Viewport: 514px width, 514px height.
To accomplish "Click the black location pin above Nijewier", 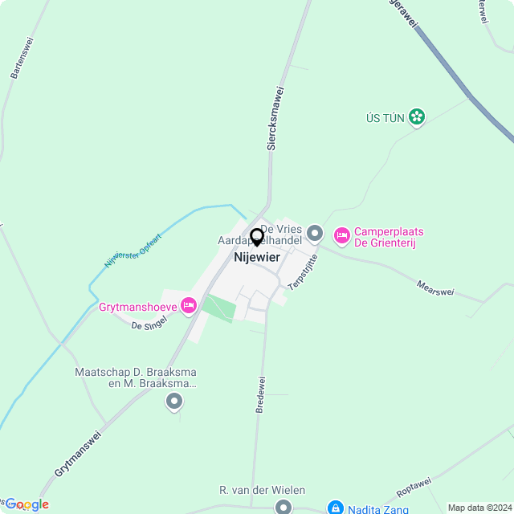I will point(256,237).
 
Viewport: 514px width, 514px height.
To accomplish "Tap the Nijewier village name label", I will point(256,258).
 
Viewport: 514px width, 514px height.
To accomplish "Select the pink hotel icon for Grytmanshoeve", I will point(189,304).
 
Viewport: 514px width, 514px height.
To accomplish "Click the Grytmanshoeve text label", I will point(137,307).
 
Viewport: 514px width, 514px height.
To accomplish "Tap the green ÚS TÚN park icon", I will point(416,118).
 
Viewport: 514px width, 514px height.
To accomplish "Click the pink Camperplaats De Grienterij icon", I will point(341,235).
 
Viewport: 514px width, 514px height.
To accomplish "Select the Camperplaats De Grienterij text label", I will point(389,238).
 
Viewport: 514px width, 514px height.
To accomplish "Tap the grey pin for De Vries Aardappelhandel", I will point(315,234).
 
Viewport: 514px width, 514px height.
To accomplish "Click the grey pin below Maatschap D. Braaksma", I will point(174,404).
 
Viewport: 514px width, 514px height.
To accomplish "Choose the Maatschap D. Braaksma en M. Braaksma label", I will point(136,378).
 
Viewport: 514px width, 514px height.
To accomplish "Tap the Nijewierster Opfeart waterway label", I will point(133,251).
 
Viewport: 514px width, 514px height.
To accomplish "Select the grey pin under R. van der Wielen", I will point(283,507).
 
